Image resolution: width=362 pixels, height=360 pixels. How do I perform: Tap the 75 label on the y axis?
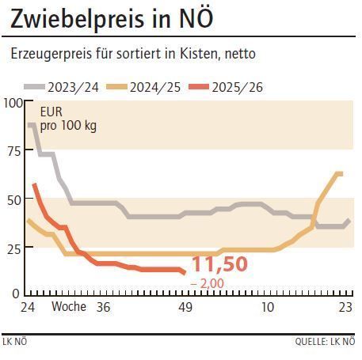pyautogui.click(x=13, y=150)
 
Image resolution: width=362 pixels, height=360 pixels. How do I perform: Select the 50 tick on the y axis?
pyautogui.click(x=13, y=198)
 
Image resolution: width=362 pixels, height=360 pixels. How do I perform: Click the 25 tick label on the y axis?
pyautogui.click(x=13, y=246)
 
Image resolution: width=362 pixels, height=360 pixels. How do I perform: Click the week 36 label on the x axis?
pyautogui.click(x=102, y=307)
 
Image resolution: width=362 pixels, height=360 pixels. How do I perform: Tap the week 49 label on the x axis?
pyautogui.click(x=185, y=307)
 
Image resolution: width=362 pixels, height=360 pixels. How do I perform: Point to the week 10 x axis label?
pyautogui.click(x=268, y=307)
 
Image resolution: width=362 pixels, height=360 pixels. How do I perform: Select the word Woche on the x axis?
pyautogui.click(x=69, y=307)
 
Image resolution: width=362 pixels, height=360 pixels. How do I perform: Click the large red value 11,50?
pyautogui.click(x=220, y=263)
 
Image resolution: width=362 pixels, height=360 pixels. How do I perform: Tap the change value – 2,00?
pyautogui.click(x=209, y=283)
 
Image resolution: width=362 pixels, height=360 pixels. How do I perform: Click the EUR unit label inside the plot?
pyautogui.click(x=51, y=112)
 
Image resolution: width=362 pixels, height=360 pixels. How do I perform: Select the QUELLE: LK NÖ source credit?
pyautogui.click(x=324, y=342)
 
